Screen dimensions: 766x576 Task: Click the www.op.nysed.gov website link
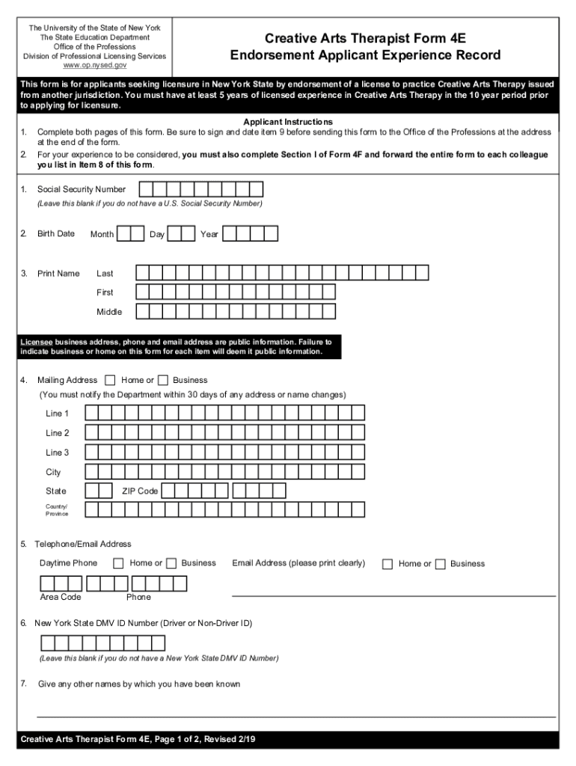pyautogui.click(x=94, y=65)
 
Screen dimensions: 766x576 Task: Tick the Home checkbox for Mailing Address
pyautogui.click(x=111, y=380)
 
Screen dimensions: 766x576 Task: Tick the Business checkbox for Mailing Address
pyautogui.click(x=163, y=380)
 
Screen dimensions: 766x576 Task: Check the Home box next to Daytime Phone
pyautogui.click(x=118, y=563)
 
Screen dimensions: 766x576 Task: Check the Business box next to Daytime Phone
pyautogui.click(x=171, y=563)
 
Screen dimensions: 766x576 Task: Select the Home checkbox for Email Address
pyautogui.click(x=387, y=564)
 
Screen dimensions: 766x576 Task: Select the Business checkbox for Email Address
pyautogui.click(x=440, y=564)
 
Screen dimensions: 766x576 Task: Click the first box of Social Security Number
pyautogui.click(x=147, y=189)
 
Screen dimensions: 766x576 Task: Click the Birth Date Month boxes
pyautogui.click(x=131, y=234)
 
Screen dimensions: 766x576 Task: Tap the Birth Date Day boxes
pyautogui.click(x=181, y=234)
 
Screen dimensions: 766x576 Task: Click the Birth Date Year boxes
pyautogui.click(x=251, y=234)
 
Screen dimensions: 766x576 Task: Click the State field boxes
pyautogui.click(x=99, y=491)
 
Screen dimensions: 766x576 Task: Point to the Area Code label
pyautogui.click(x=61, y=597)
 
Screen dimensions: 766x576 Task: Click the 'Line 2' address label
pyautogui.click(x=58, y=433)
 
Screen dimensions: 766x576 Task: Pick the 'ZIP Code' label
pyautogui.click(x=140, y=491)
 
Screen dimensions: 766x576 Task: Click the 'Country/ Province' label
pyautogui.click(x=57, y=510)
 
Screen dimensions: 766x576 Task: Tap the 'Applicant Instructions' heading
pyautogui.click(x=288, y=122)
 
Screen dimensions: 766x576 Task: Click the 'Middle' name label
pyautogui.click(x=109, y=312)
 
